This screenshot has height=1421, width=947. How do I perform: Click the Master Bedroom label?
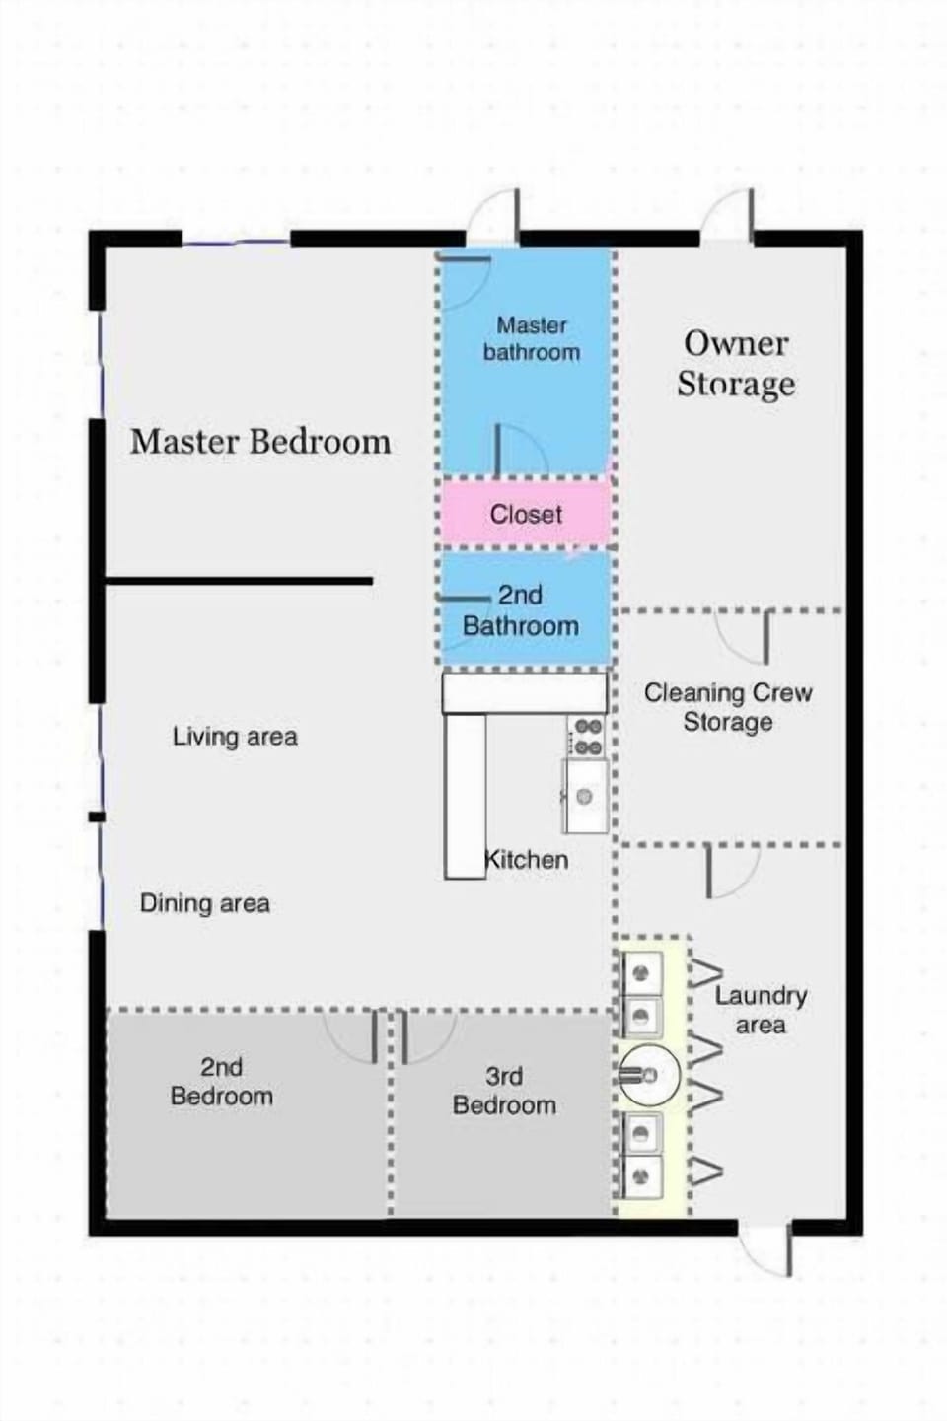point(260,442)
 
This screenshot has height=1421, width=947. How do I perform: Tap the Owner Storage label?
point(736,363)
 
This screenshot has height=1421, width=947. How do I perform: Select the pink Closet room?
point(525,513)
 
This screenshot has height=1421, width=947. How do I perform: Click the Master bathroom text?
point(531,338)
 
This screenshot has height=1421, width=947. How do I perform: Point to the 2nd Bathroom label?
point(520,610)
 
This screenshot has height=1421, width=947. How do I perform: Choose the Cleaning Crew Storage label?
point(728,707)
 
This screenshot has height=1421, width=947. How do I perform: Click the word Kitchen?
point(527,859)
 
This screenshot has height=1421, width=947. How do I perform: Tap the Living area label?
point(235,736)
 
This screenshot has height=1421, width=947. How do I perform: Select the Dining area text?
point(204,903)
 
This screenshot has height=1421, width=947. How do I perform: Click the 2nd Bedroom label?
point(221,1082)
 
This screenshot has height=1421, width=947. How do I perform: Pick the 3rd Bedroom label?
point(504,1091)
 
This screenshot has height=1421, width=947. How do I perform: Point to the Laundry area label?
point(761,1010)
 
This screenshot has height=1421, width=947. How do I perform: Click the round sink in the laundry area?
point(649,1074)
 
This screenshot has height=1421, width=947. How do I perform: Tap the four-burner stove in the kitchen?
point(588,737)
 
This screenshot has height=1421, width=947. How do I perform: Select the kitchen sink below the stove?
point(585,795)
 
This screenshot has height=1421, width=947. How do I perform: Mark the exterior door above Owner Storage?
point(728,216)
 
